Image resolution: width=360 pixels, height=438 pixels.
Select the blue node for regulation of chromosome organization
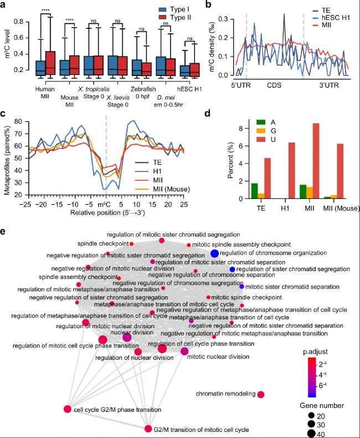click(214, 253)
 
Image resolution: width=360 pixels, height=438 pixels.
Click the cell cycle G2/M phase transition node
click(68, 409)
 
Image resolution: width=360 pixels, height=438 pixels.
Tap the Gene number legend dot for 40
click(312, 434)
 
